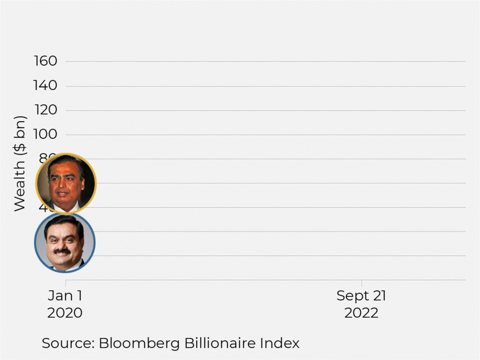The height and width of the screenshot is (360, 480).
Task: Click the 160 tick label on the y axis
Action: [x=45, y=61]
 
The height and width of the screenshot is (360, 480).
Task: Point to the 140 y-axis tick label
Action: [x=45, y=86]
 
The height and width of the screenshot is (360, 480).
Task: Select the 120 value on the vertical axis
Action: [x=45, y=110]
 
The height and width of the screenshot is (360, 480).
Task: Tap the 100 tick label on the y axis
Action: [x=45, y=135]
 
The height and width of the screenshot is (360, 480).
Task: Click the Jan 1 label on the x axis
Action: [x=65, y=296]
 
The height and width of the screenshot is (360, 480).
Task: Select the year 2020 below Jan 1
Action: [x=65, y=313]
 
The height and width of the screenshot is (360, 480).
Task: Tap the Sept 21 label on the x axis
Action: [x=361, y=296]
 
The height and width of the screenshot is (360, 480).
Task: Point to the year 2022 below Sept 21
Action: [x=361, y=313]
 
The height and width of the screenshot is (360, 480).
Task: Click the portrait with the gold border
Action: [x=66, y=183]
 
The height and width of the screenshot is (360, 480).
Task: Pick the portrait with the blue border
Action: [x=65, y=242]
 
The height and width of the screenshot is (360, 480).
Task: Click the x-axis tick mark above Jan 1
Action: [x=66, y=283]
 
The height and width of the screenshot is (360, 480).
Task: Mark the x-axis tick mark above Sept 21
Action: [x=361, y=283]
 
